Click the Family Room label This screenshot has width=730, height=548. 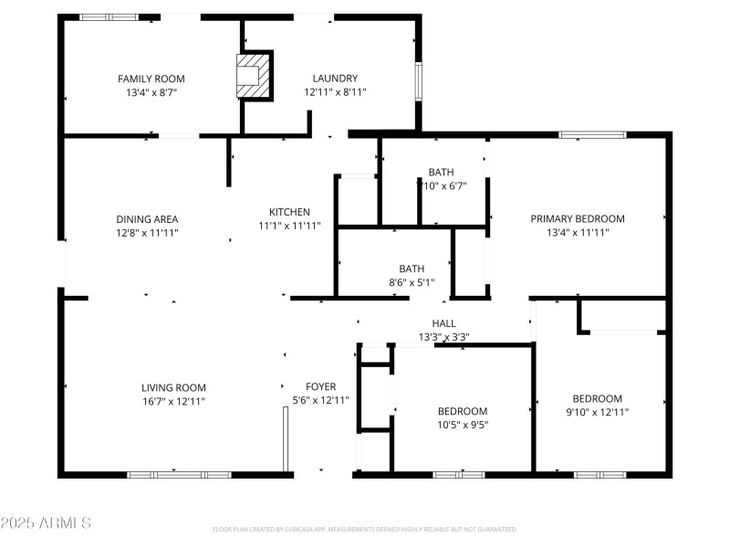click(x=151, y=79)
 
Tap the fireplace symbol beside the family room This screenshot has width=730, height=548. click(x=255, y=76)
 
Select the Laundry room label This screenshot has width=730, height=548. click(x=335, y=79)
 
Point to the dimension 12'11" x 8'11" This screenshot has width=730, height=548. click(x=335, y=92)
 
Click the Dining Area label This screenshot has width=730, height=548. click(x=147, y=219)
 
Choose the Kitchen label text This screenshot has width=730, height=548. click(x=289, y=212)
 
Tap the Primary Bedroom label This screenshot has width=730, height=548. click(x=578, y=218)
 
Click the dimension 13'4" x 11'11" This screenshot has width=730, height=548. click(x=578, y=232)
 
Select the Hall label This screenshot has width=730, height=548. click(x=443, y=323)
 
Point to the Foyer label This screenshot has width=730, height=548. click(x=320, y=385)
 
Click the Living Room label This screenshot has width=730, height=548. click(x=173, y=387)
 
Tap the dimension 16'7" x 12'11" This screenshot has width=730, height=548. click(x=173, y=401)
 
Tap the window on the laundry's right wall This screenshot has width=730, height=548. click(x=419, y=79)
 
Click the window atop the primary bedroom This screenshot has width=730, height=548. click(x=592, y=135)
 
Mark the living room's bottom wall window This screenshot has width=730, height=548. click(x=179, y=475)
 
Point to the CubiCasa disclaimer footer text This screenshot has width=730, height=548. click(x=365, y=530)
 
